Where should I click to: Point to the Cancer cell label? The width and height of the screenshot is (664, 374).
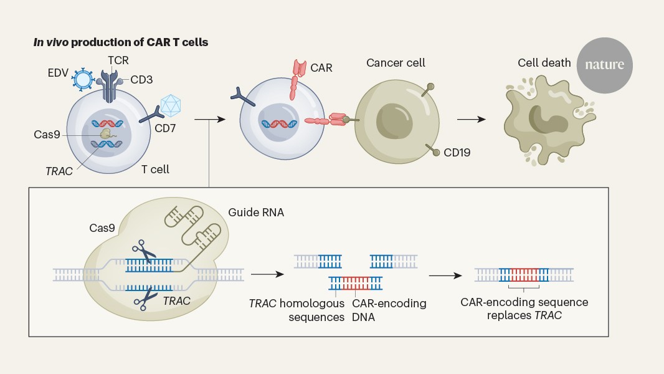click(x=395, y=63)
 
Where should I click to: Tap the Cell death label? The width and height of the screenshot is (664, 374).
click(x=544, y=63)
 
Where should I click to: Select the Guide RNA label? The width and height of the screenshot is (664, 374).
click(x=263, y=213)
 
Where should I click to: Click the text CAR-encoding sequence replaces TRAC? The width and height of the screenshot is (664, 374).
click(x=524, y=309)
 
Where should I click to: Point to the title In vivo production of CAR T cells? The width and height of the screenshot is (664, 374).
click(x=121, y=42)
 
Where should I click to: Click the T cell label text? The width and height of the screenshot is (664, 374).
click(x=155, y=169)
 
